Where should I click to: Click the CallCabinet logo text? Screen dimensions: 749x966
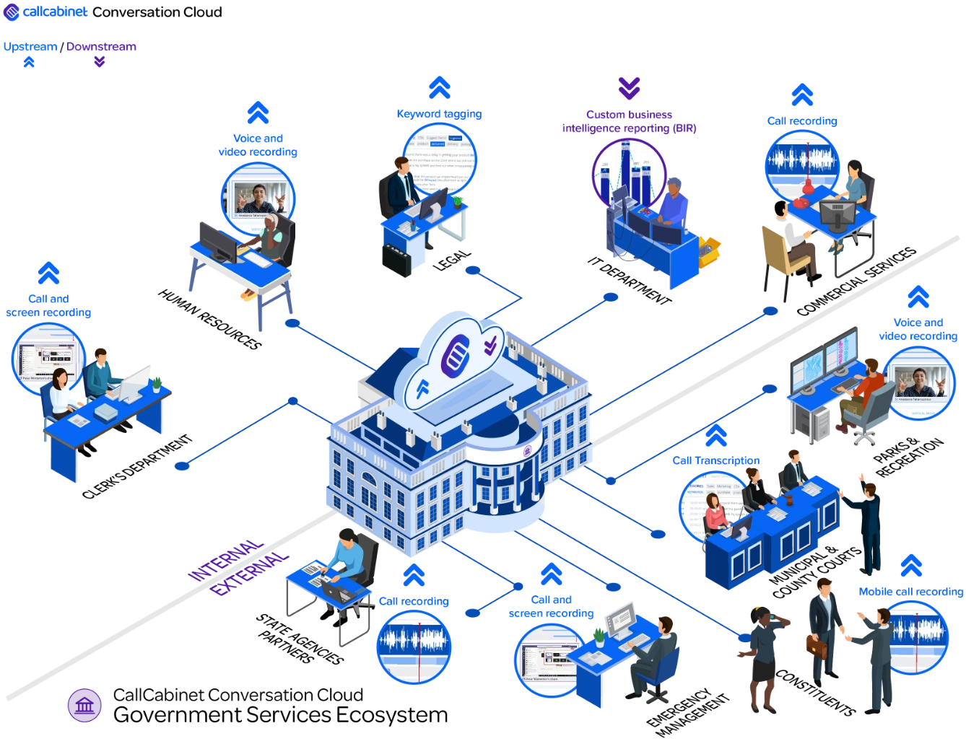tap(55, 12)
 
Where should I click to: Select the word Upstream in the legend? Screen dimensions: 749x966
tap(30, 47)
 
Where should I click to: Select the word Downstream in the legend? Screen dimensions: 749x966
tap(101, 47)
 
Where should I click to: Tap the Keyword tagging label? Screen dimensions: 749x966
tap(439, 114)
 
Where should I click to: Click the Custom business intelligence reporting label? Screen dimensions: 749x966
tap(629, 121)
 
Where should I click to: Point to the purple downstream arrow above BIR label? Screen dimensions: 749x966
tap(629, 88)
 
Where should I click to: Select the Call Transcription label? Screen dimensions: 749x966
tap(715, 460)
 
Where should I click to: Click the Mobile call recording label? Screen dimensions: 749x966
tap(911, 592)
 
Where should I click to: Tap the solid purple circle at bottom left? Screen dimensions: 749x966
tap(84, 705)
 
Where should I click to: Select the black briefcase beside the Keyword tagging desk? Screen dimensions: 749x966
tap(396, 260)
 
